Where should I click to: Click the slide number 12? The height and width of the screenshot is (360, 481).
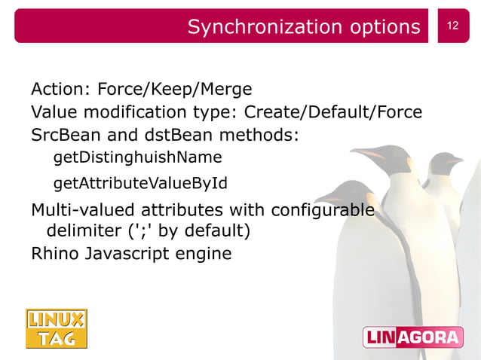(452, 26)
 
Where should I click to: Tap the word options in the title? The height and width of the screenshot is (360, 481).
(384, 27)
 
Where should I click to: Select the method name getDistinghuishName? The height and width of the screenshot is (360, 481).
(137, 158)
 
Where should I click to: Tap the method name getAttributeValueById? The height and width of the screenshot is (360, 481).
(140, 183)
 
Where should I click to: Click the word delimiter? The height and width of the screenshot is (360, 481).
(81, 230)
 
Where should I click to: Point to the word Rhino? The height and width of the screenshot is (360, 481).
(54, 253)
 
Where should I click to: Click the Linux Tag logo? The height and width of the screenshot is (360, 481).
(57, 329)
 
